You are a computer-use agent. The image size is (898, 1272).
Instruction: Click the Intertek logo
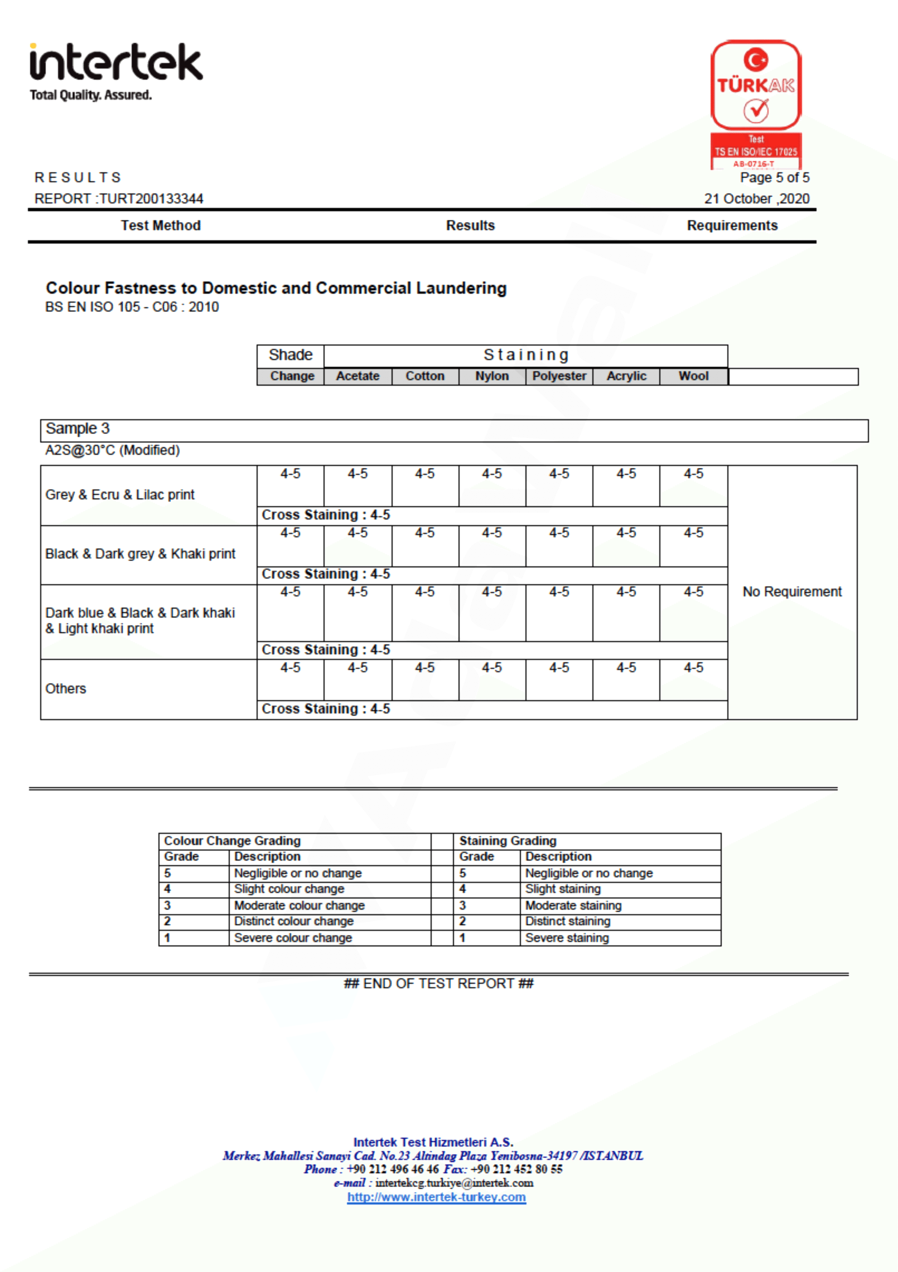coord(115,62)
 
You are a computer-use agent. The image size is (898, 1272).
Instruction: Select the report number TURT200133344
coord(151,199)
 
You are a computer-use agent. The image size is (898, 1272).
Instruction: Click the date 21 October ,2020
coord(756,199)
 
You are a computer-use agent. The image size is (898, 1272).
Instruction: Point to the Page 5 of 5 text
coord(774,178)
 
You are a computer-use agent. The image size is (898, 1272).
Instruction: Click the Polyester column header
coord(559,376)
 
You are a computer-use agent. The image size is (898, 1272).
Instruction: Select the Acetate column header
coord(358,376)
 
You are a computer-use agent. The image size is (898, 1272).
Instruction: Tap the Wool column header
coord(693,376)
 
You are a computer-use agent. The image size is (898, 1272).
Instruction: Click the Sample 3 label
coord(78,429)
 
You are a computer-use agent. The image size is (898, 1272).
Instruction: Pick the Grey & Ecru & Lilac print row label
coord(120,495)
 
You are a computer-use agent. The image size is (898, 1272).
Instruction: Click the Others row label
coord(66,689)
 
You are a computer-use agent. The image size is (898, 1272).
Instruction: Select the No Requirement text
coord(791,592)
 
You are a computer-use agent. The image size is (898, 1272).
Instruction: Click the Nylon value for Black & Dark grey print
coord(491,533)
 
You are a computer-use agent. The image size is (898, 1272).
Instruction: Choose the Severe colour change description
coord(293,938)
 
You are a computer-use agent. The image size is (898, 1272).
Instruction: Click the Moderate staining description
coord(573,906)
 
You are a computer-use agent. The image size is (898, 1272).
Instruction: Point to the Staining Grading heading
coord(508,841)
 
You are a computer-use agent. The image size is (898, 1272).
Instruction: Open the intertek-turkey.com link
coord(436,1197)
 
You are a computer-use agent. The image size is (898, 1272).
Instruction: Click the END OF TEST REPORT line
coord(438,984)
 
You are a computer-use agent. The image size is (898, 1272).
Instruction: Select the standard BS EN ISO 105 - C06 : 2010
coord(132,307)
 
